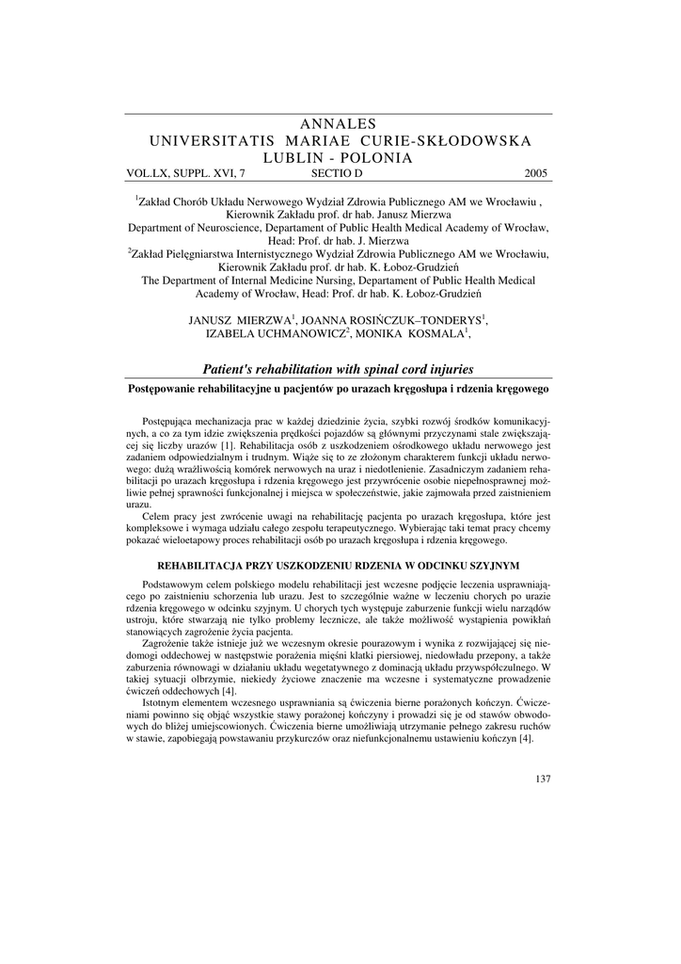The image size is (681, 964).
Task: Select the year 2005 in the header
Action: coord(535,173)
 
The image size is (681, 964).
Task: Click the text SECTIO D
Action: coord(336,173)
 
